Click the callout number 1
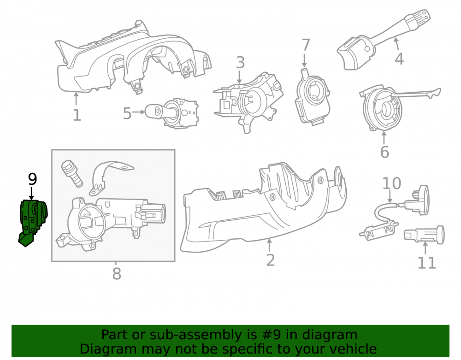(x=77, y=115)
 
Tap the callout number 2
(x=271, y=260)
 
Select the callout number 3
(x=240, y=63)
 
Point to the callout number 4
(x=399, y=59)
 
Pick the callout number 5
(x=127, y=113)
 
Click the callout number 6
(x=384, y=152)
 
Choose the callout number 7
(x=306, y=45)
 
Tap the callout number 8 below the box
(x=117, y=274)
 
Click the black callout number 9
(x=32, y=179)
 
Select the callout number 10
(x=391, y=183)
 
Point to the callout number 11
(x=426, y=263)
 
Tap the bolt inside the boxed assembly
(x=71, y=173)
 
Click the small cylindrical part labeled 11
(x=424, y=235)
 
